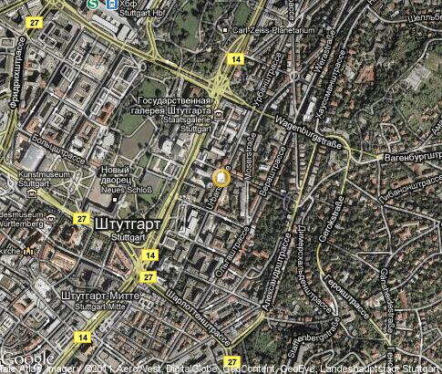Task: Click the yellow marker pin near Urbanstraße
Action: pos(220,177)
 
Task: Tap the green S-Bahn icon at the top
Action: pos(93,5)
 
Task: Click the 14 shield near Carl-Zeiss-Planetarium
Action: pos(236,59)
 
